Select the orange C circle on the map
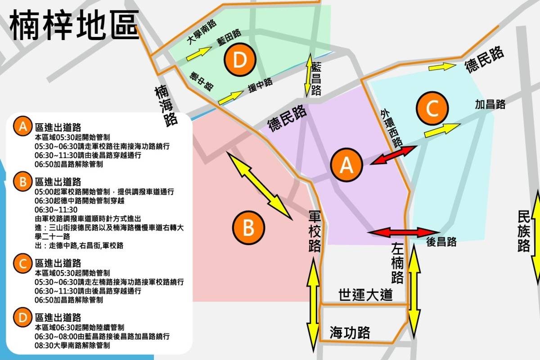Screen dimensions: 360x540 (x=432, y=108)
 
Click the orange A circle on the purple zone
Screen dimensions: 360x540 (x=346, y=165)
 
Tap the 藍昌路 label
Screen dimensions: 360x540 (x=316, y=79)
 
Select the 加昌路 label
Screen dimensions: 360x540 (x=490, y=105)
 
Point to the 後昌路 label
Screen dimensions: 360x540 (x=441, y=242)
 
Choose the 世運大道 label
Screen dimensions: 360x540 (x=365, y=295)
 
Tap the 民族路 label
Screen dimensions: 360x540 (x=524, y=231)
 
